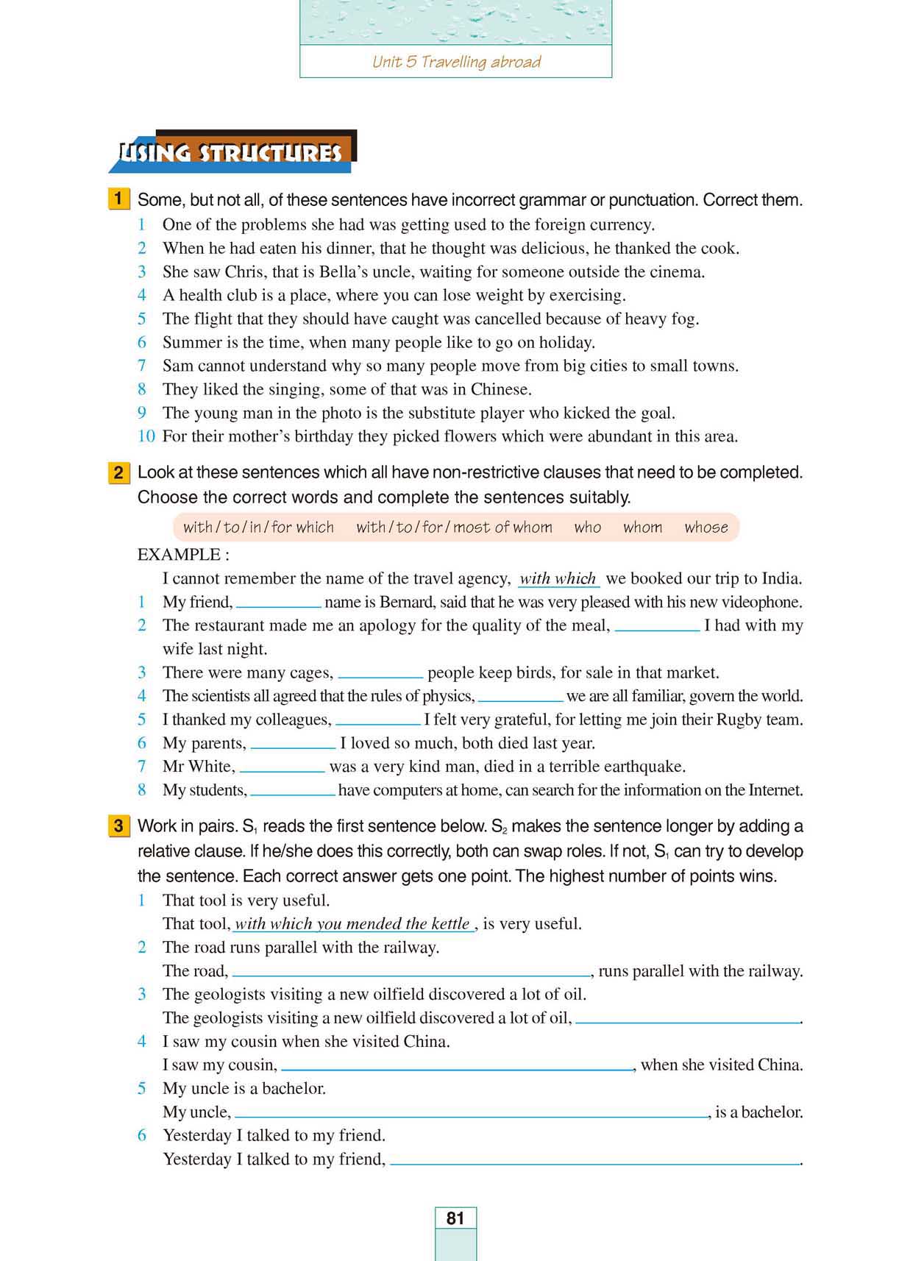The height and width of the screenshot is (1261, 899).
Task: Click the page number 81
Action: (x=455, y=1218)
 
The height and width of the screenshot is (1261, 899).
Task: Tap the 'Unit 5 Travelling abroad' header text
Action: (x=456, y=62)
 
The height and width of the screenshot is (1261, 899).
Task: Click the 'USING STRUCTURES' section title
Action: (x=231, y=153)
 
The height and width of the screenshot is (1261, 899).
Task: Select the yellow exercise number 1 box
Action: (x=118, y=199)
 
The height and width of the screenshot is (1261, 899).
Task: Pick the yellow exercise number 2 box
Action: (x=118, y=472)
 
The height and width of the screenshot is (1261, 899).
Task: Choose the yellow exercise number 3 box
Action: (x=118, y=825)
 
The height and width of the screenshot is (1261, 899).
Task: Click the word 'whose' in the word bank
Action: (x=706, y=528)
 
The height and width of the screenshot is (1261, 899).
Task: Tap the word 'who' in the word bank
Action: (x=587, y=528)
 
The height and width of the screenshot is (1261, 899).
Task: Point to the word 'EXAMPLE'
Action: (x=179, y=555)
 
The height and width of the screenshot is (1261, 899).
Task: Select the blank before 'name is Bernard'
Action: (x=278, y=605)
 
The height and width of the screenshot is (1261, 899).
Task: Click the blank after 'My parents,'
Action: (x=293, y=746)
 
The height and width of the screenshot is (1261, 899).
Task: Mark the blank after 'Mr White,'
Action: (x=283, y=770)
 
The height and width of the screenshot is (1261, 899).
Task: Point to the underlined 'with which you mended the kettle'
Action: (x=352, y=924)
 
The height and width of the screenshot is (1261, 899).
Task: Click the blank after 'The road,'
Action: (x=411, y=974)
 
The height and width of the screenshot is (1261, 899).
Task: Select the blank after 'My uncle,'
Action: (x=471, y=1115)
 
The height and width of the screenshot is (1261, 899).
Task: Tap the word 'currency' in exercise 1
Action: (x=619, y=224)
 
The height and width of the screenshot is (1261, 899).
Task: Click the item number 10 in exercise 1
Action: (x=146, y=436)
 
